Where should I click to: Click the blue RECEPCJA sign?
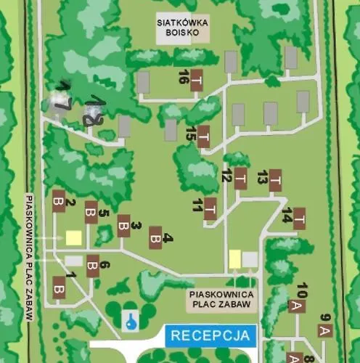(x=211, y=336)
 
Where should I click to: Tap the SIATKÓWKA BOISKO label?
(x=184, y=28)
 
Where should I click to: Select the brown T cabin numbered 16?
(x=196, y=82)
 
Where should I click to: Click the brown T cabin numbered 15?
(x=204, y=135)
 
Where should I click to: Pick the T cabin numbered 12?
(x=240, y=178)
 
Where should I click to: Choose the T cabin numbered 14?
(x=298, y=218)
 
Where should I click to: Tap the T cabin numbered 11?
(x=210, y=208)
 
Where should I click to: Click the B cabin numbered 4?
(x=155, y=237)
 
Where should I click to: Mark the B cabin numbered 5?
(x=91, y=211)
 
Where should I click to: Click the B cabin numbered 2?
(x=59, y=200)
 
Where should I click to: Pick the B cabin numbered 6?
(x=92, y=266)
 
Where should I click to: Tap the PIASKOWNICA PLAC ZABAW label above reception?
(x=221, y=299)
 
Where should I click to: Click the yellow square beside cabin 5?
(x=73, y=237)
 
